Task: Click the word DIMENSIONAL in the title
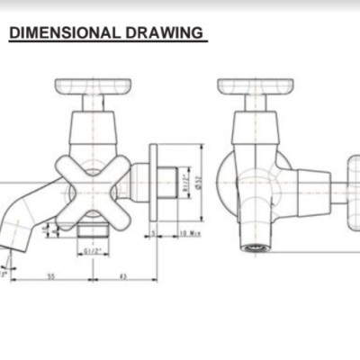[x=62, y=33]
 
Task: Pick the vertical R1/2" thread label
[x=184, y=183]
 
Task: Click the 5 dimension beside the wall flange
[x=155, y=234]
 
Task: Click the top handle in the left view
[x=93, y=88]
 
